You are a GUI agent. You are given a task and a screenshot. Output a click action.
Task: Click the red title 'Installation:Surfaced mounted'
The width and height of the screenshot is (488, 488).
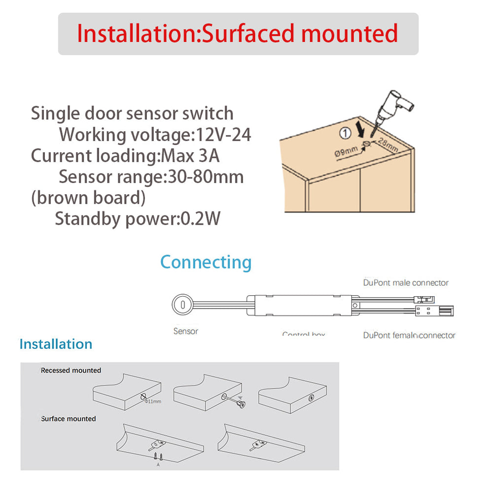click(x=238, y=34)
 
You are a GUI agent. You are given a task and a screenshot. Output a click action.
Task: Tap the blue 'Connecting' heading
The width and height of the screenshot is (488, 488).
click(x=206, y=262)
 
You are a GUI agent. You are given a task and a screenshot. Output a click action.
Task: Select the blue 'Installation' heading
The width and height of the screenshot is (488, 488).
click(x=56, y=344)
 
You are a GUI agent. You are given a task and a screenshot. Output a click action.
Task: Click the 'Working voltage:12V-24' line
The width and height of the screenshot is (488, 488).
click(x=155, y=134)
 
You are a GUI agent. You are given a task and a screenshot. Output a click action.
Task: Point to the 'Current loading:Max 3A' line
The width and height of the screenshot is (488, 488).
click(x=125, y=156)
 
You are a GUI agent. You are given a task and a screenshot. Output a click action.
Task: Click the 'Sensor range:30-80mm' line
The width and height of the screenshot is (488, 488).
click(x=151, y=176)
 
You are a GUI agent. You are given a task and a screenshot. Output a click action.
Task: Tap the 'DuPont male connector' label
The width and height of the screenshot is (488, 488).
click(x=406, y=282)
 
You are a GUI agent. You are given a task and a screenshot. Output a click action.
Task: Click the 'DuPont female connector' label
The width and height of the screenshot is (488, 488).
click(x=409, y=335)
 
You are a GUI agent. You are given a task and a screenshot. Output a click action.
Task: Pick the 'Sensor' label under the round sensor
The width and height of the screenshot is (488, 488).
click(x=186, y=331)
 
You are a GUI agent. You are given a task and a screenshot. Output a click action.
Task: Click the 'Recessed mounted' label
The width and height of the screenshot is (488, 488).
click(x=71, y=370)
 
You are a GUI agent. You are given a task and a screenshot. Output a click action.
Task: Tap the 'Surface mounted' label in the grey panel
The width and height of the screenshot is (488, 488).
click(x=68, y=418)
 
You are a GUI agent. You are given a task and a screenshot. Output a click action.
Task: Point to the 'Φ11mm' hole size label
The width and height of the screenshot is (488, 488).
click(x=153, y=401)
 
